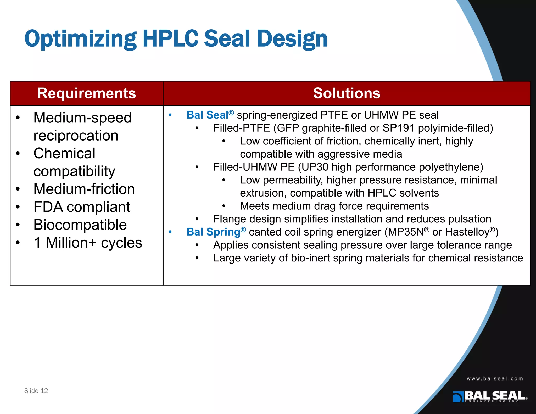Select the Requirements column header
[86, 93]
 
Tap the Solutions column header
[347, 93]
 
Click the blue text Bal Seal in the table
[207, 115]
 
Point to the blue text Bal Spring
[213, 232]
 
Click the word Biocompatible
[80, 225]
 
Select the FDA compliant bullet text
[82, 207]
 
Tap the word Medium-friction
[84, 189]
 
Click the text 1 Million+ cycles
[88, 243]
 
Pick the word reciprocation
[76, 136]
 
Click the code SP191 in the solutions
[398, 128]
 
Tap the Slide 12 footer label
[36, 391]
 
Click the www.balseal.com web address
[495, 379]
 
